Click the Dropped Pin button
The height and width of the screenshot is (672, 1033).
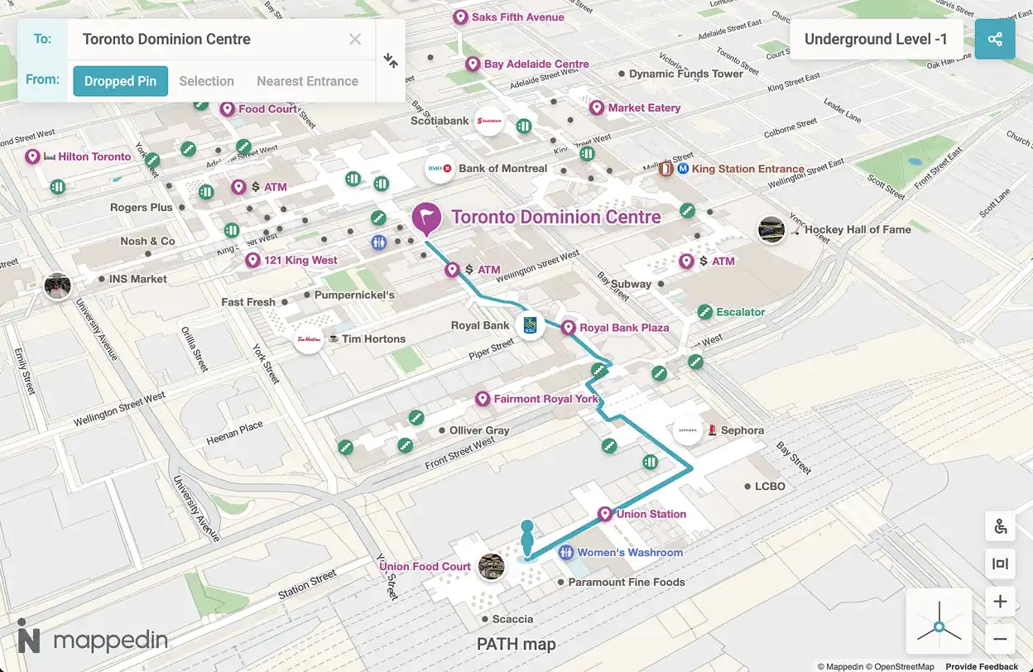point(120,81)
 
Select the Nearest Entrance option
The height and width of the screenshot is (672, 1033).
point(307,81)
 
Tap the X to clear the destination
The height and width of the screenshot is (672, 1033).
point(355,39)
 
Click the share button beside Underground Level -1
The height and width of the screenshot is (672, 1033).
point(995,39)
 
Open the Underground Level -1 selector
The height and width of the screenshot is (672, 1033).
point(876,39)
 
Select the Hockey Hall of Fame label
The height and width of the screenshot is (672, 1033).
point(858,229)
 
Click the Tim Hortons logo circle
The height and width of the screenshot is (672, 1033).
point(309,338)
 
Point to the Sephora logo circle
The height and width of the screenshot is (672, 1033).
point(688,430)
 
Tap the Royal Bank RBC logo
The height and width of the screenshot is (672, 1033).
point(530,326)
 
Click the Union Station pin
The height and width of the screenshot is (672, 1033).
point(605,514)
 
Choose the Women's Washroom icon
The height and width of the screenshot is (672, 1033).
point(566,552)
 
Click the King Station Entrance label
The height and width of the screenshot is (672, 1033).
point(747,169)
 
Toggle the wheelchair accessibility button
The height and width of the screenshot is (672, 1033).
point(1000,526)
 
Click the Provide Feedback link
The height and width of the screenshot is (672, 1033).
point(982,666)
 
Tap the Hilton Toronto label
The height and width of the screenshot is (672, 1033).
point(94,156)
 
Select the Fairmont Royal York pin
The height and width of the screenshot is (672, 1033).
point(483,399)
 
